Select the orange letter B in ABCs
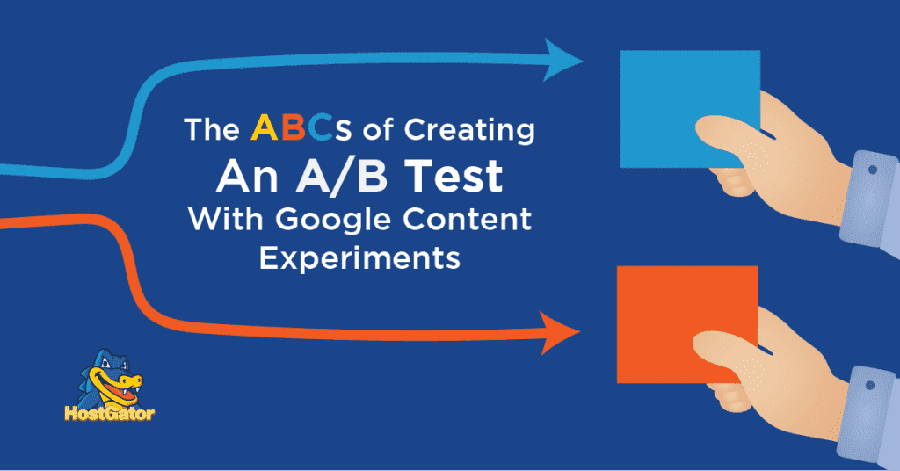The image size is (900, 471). (295, 129)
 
